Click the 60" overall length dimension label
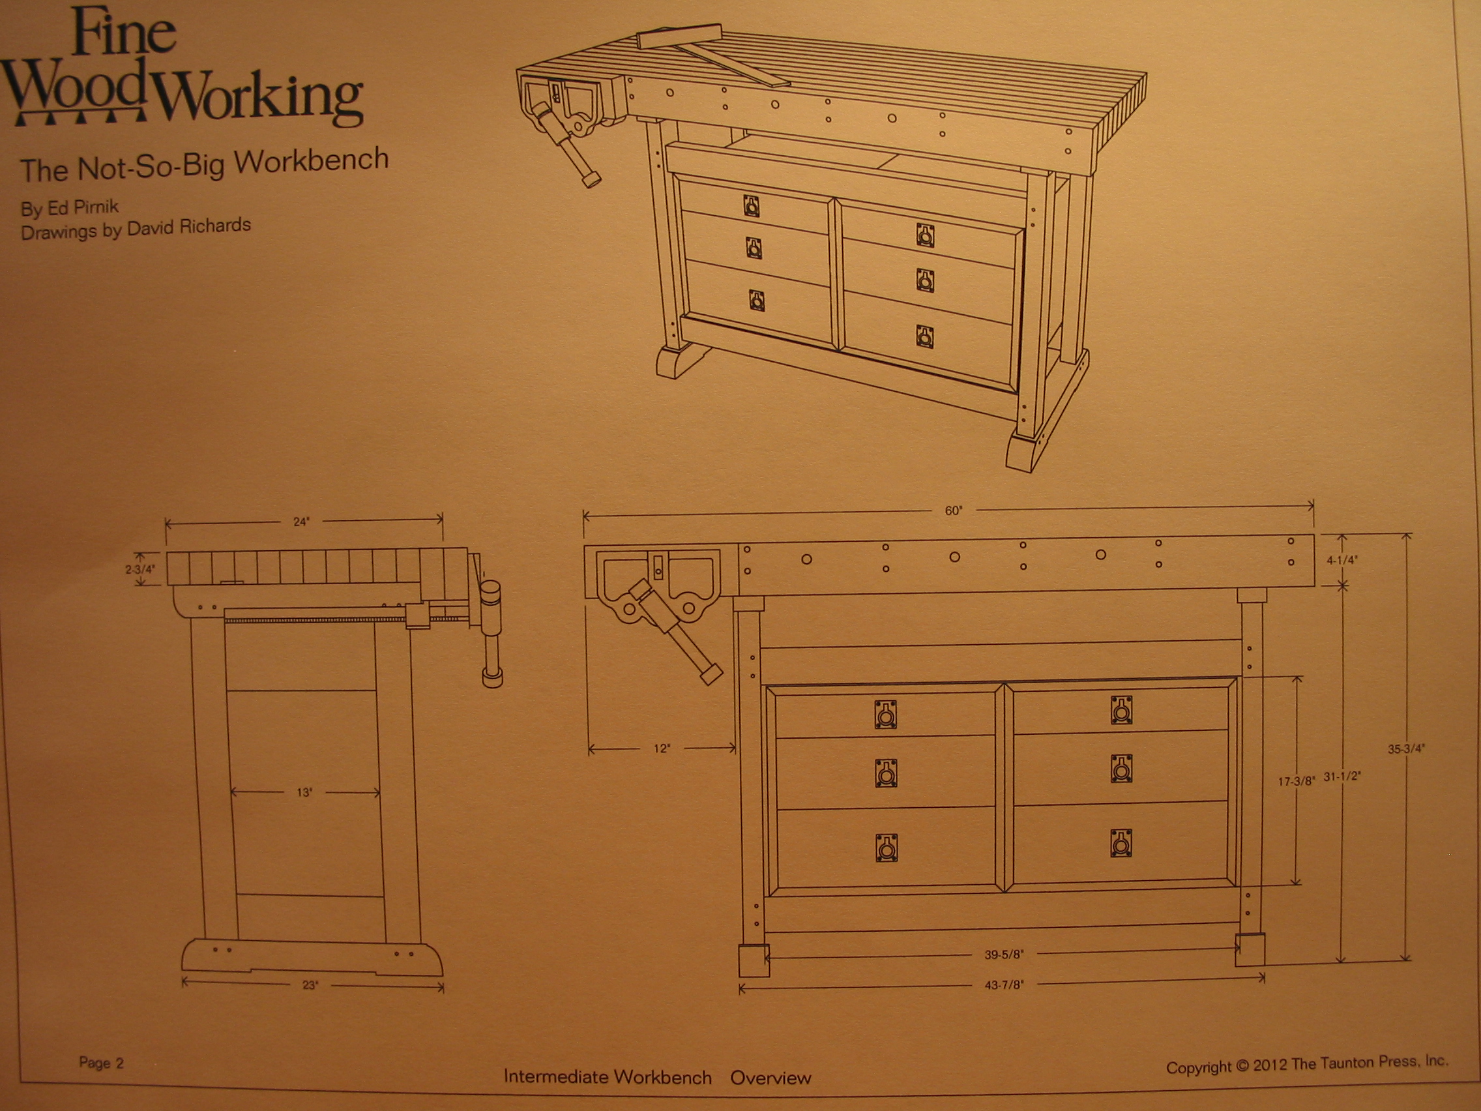click(x=953, y=511)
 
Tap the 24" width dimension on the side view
click(x=301, y=522)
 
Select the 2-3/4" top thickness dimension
click(x=140, y=569)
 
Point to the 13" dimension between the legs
click(x=304, y=793)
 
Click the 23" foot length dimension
click(x=310, y=985)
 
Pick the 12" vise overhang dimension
click(x=662, y=748)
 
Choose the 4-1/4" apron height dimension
click(x=1342, y=561)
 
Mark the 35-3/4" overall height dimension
click(x=1406, y=749)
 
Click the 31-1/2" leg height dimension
click(x=1342, y=777)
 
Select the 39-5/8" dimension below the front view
click(x=1004, y=955)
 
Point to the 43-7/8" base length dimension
click(x=1004, y=985)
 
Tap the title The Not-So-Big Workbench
click(x=204, y=165)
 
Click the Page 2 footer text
click(x=101, y=1063)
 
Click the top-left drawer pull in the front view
click(x=885, y=715)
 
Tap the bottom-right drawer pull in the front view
click(x=1121, y=844)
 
